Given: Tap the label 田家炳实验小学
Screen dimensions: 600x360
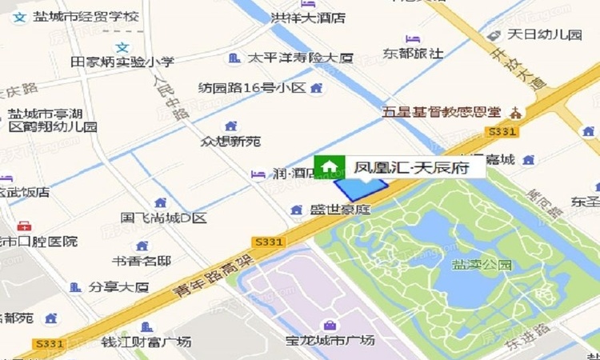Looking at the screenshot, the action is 122,62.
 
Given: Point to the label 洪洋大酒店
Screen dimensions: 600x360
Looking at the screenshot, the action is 308,17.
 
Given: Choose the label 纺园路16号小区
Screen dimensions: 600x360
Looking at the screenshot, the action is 252,87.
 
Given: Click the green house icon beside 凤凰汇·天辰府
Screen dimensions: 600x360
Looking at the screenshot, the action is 327,166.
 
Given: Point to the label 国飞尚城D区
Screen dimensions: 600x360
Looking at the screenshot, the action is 163,218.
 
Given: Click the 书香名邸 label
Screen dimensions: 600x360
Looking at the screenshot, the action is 141,260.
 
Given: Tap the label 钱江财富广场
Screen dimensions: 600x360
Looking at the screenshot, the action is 146,342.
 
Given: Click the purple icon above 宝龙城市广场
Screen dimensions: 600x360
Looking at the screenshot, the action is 330,325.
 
